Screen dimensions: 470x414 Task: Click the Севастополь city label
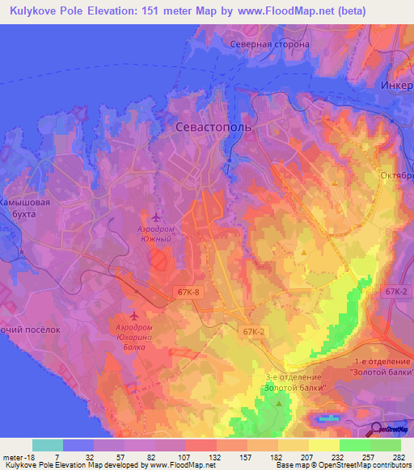(x=213, y=128)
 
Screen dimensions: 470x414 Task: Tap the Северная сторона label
(x=269, y=44)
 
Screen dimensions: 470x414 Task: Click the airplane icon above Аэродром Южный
(x=156, y=216)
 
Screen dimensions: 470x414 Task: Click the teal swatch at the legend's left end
(x=48, y=445)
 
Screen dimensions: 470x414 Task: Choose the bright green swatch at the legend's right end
(x=385, y=445)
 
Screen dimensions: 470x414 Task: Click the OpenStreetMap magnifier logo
(x=377, y=430)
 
